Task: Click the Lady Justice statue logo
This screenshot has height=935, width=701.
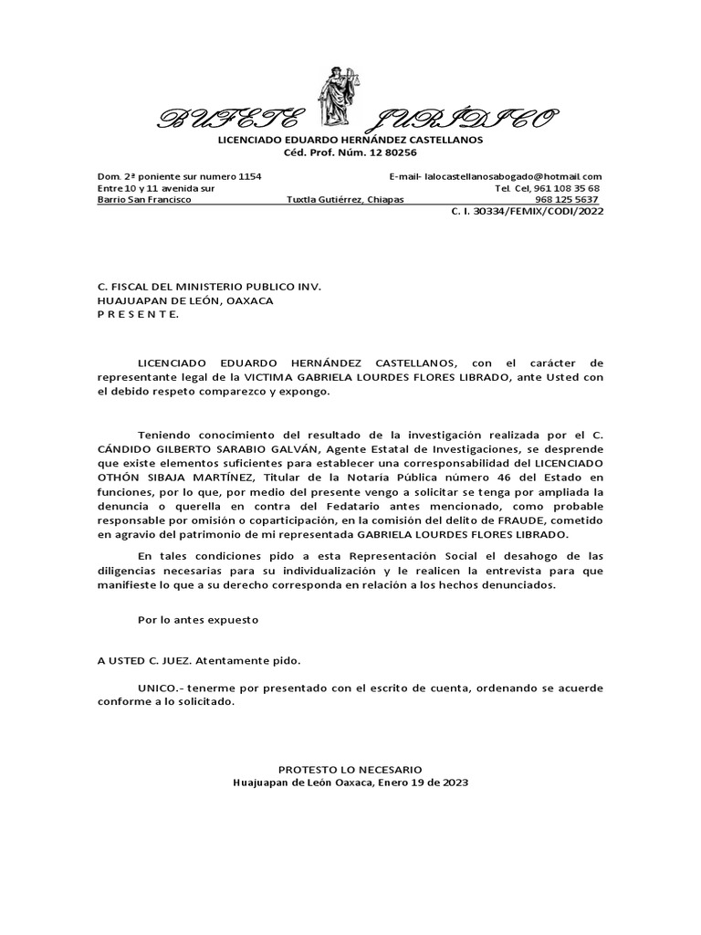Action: pos(334,100)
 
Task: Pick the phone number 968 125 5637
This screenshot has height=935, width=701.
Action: pos(567,200)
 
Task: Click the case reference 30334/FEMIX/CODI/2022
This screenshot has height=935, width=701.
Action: pos(542,212)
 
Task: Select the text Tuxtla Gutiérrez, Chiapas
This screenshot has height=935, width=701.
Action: pos(344,200)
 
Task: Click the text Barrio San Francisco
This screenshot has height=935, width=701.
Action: pos(144,200)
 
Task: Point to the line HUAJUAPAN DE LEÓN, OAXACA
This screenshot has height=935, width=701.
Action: pos(185,299)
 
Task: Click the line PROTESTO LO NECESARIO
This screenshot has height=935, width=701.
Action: pos(350,770)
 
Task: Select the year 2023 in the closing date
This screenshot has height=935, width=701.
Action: pos(454,783)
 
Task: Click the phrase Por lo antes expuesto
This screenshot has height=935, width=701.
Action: pos(198,619)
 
